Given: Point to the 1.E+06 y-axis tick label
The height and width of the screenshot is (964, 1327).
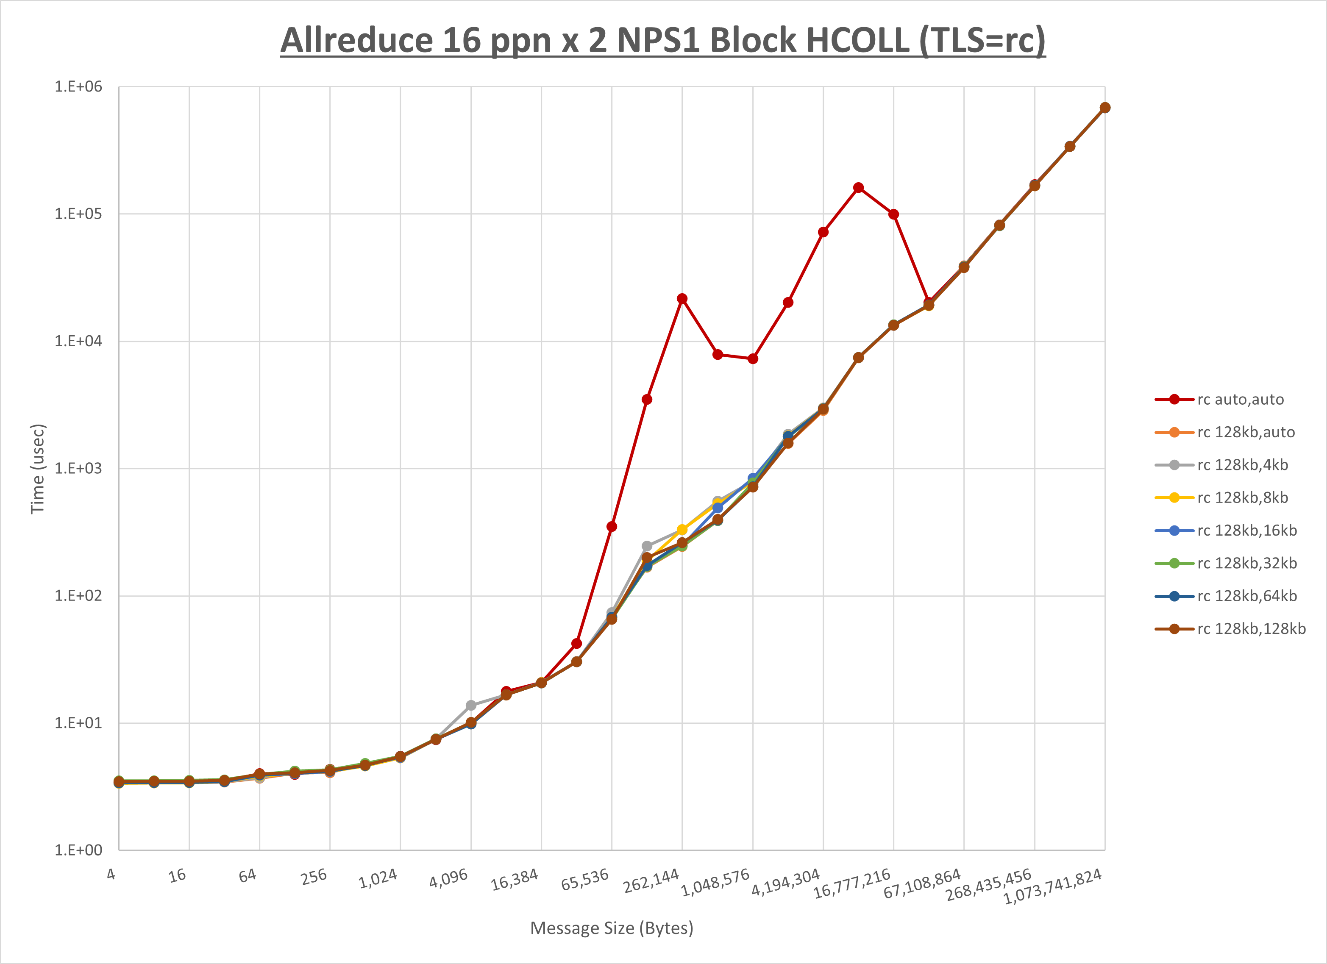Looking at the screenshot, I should click(x=78, y=86).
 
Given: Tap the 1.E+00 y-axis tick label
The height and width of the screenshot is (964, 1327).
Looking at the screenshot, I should click(x=78, y=850).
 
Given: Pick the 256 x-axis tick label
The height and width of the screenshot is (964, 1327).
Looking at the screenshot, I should click(x=314, y=876).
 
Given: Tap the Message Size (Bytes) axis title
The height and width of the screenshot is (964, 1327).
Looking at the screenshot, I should click(x=612, y=928).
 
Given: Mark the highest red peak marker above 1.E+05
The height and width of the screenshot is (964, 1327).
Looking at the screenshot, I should click(x=858, y=188).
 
